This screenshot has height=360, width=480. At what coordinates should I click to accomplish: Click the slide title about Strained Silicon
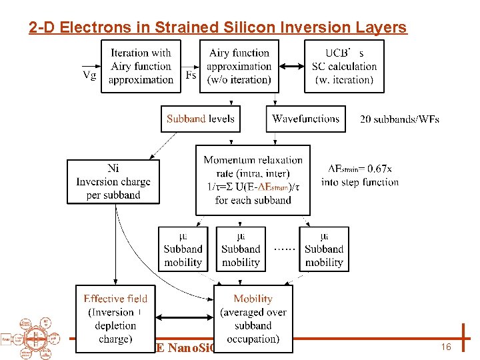[x=217, y=27]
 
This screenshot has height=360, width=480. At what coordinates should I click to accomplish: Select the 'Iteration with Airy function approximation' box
[x=141, y=66]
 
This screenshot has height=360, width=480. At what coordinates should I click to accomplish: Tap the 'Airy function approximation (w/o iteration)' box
[x=239, y=66]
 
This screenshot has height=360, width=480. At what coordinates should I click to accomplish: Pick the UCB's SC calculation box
[x=344, y=66]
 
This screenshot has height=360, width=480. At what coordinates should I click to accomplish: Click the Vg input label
[x=89, y=75]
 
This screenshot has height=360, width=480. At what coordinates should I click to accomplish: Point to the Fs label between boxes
[x=191, y=75]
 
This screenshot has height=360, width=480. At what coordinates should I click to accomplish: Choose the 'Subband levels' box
[x=200, y=119]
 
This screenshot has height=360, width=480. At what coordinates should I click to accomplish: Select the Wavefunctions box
[x=306, y=119]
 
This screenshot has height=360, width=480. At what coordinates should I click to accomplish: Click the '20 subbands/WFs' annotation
[x=399, y=119]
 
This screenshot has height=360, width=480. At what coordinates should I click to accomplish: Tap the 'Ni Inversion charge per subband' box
[x=113, y=181]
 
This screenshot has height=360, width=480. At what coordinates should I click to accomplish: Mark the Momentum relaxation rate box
[x=253, y=179]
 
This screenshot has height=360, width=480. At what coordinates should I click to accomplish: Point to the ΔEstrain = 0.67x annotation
[x=360, y=175]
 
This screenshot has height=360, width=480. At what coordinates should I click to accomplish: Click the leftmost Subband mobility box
[x=183, y=249]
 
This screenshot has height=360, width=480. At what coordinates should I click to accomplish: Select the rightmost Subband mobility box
[x=324, y=249]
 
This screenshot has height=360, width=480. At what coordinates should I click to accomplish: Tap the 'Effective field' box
[x=115, y=319]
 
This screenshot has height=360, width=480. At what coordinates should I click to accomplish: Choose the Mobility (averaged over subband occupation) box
[x=253, y=319]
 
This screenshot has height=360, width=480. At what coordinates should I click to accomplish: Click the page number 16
[x=447, y=347]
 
